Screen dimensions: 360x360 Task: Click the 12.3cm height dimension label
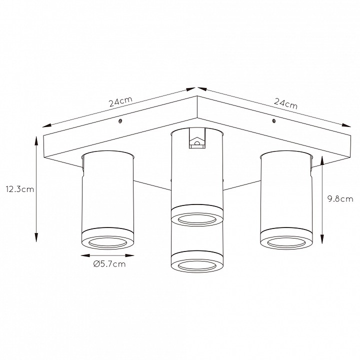pyautogui.click(x=20, y=189)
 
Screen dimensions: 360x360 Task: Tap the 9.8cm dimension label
pyautogui.click(x=340, y=199)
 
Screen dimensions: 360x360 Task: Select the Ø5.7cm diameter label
pyautogui.click(x=109, y=264)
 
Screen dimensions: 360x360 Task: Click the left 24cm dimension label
pyautogui.click(x=121, y=101)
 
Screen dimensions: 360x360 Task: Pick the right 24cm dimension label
pyautogui.click(x=285, y=104)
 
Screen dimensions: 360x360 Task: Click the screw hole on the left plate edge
pyautogui.click(x=119, y=121)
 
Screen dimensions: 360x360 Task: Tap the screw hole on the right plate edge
pyautogui.click(x=273, y=121)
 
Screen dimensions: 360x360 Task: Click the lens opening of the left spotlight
pyautogui.click(x=107, y=242)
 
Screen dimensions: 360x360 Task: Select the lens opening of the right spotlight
pyautogui.click(x=286, y=242)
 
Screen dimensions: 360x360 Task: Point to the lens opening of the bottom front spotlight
pyautogui.click(x=197, y=266)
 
